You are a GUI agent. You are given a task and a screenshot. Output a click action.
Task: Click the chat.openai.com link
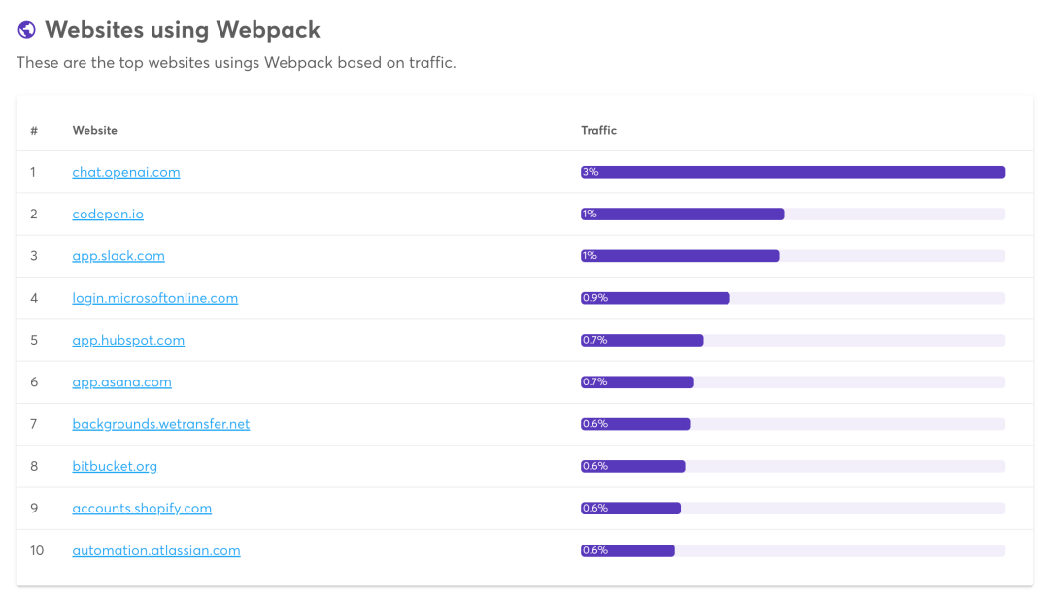126,172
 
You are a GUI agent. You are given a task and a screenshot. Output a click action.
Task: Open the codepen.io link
108,214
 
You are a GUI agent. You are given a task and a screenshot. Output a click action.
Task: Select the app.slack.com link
118,256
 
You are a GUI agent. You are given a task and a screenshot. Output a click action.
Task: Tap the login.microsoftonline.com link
155,298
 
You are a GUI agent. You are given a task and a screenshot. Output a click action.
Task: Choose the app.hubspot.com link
128,340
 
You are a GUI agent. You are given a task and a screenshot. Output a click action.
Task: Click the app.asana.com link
121,382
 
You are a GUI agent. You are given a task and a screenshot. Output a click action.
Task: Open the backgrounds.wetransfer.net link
161,424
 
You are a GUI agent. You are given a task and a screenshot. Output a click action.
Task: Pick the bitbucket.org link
115,466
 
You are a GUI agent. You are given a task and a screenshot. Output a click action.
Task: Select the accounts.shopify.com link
142,509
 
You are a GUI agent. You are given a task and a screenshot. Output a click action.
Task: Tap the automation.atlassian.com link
156,550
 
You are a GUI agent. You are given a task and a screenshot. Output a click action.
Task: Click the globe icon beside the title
27,30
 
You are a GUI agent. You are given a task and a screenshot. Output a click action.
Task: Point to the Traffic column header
599,130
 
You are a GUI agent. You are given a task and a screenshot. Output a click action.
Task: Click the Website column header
95,130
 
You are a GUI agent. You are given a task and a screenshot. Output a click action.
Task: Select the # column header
34,130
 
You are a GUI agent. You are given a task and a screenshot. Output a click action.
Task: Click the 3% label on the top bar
591,172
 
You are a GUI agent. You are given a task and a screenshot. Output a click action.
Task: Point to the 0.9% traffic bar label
594,298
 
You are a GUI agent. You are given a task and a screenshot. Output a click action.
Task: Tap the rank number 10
37,550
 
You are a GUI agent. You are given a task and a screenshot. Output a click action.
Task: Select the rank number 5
34,340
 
